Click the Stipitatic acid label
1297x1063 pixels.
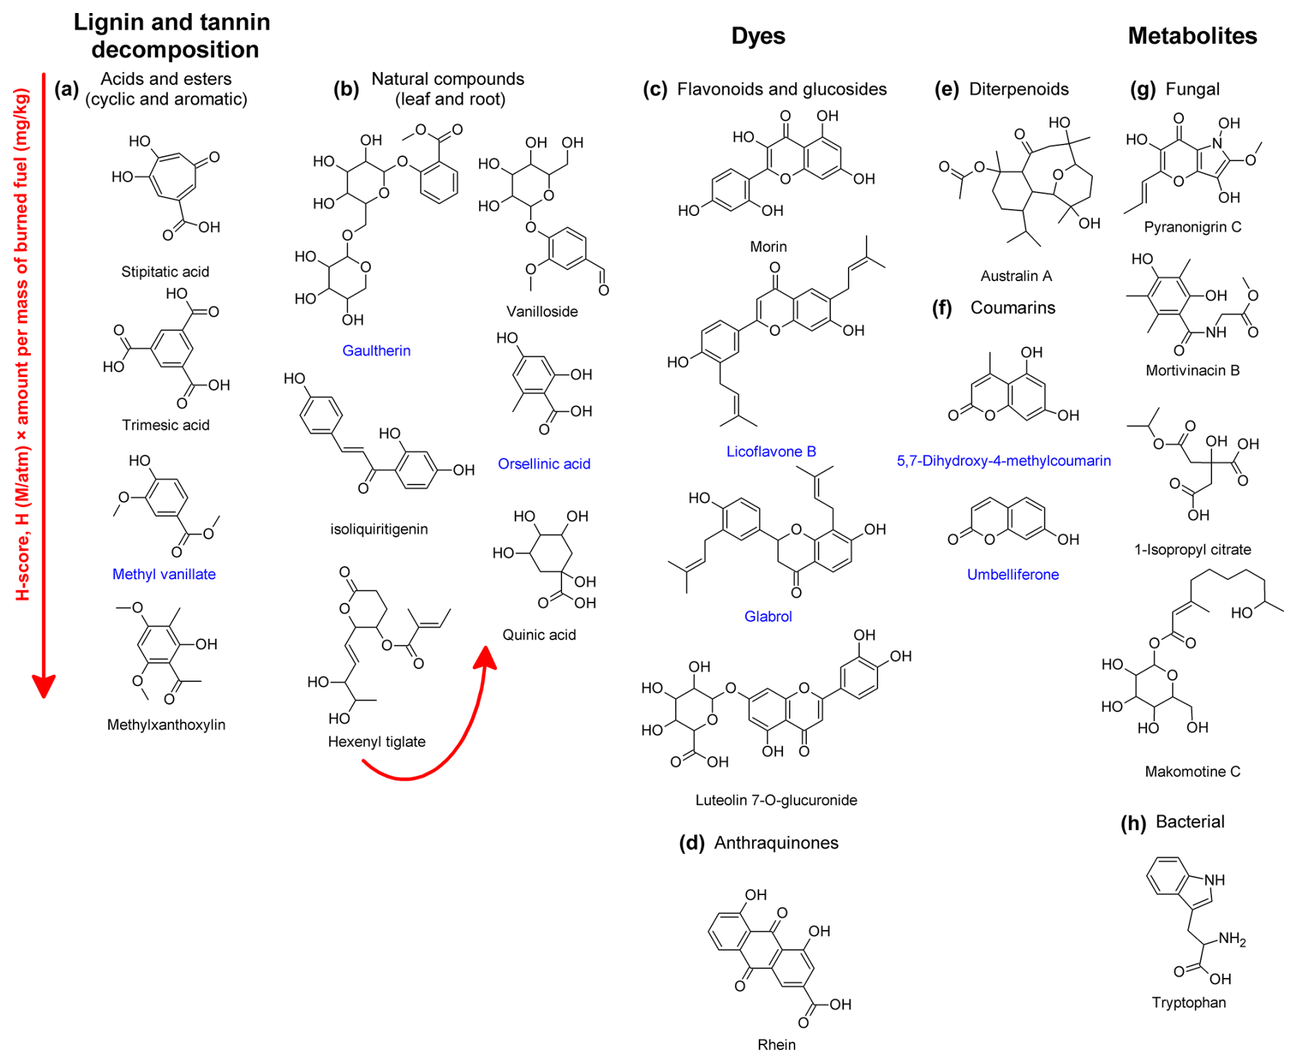(x=165, y=271)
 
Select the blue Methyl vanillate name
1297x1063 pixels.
(x=164, y=574)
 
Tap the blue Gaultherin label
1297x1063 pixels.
(x=376, y=351)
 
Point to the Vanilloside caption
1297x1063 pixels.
(x=542, y=312)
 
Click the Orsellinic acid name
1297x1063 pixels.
(x=544, y=464)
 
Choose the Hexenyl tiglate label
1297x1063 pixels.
(x=376, y=742)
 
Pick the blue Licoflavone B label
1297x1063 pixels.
(x=771, y=452)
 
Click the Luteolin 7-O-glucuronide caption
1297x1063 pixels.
(x=775, y=800)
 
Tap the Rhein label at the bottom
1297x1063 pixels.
(x=776, y=1044)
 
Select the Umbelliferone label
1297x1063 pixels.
(x=1013, y=575)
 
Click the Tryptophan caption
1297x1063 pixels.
(x=1188, y=1003)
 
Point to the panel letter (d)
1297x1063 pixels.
(x=691, y=843)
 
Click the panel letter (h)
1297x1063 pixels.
(x=1132, y=822)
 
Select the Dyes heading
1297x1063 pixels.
(x=757, y=36)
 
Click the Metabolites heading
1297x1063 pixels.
(x=1191, y=36)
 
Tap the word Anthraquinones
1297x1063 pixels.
(x=776, y=843)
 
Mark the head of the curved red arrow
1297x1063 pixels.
(x=486, y=650)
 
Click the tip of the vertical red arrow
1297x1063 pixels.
(x=44, y=695)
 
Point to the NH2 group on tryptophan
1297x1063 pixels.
(x=1231, y=939)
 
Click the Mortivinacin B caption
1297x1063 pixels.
(x=1192, y=371)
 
